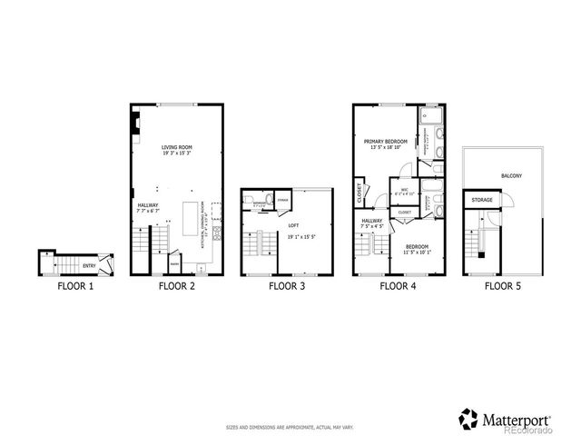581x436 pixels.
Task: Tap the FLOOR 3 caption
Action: coord(286,285)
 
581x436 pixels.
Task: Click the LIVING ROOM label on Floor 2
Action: coord(177,147)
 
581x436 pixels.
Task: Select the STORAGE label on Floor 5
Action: coord(481,198)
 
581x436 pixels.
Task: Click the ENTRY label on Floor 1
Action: coord(89,265)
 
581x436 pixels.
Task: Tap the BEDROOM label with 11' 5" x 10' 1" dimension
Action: coord(418,246)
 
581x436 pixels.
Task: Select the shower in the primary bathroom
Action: coord(432,117)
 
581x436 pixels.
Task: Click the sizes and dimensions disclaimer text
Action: coord(290,426)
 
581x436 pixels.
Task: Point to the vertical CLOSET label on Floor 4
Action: coord(360,193)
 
